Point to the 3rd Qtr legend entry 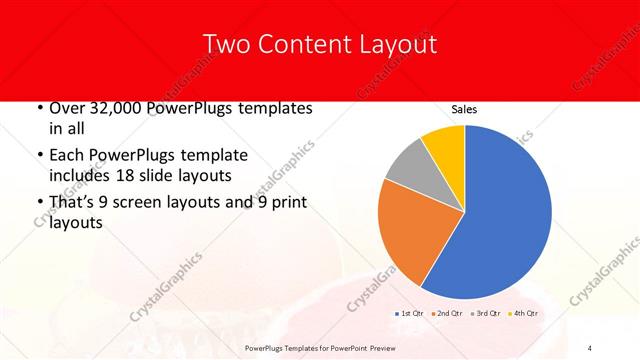[485, 314]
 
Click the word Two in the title [225, 44]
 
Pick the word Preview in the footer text [381, 347]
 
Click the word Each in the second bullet [68, 155]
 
